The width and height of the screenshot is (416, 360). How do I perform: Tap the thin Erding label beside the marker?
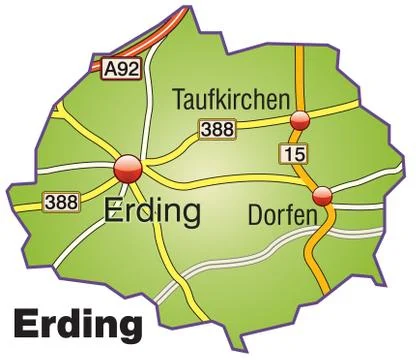point(151,212)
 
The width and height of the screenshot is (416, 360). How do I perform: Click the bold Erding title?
point(77,325)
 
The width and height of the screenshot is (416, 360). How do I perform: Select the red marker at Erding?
point(127,169)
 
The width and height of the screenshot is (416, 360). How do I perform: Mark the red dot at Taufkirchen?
point(298,121)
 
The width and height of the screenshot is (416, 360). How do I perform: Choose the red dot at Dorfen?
point(321,195)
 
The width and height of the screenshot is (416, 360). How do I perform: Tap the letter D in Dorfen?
point(251,214)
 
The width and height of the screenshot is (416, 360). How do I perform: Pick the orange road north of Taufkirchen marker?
point(297,70)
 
